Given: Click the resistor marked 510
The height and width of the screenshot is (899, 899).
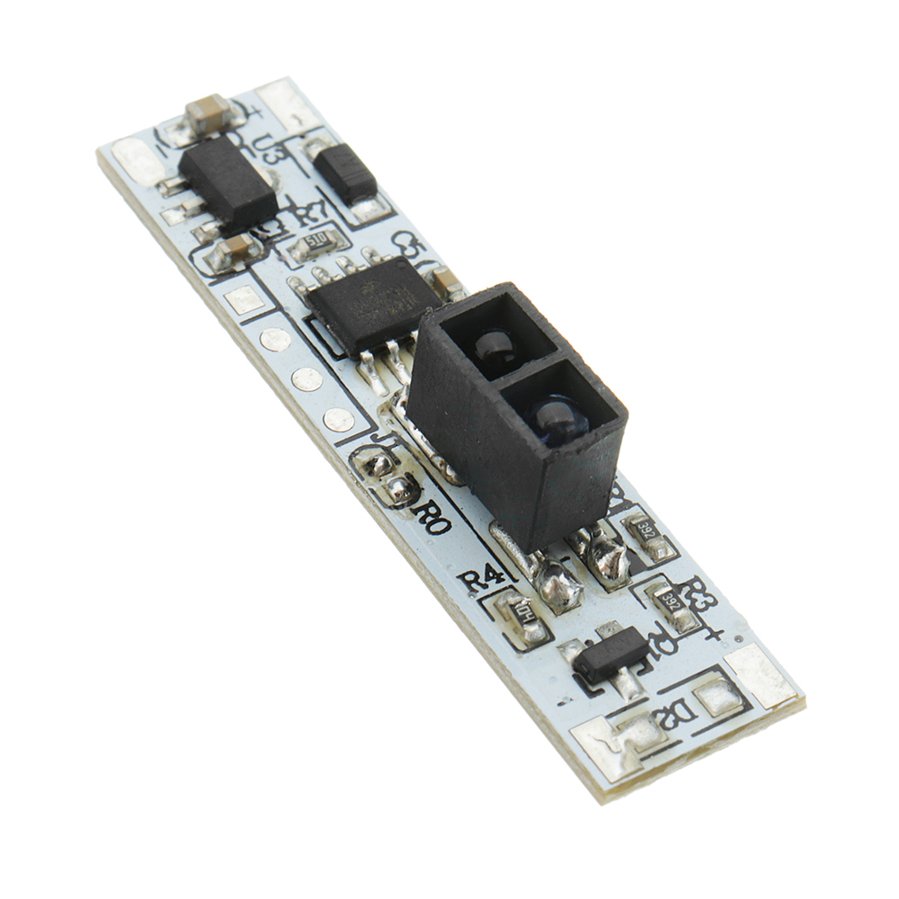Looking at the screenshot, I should [x=315, y=242].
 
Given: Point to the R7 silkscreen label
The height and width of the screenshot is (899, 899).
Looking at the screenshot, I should [x=309, y=213].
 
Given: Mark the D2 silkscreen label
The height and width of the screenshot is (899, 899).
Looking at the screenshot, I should [x=681, y=716].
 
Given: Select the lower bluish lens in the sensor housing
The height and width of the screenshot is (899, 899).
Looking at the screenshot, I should [x=550, y=416].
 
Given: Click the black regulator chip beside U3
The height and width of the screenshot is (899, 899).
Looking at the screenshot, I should [x=227, y=182].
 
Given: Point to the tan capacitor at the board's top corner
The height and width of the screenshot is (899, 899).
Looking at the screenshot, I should [x=209, y=112].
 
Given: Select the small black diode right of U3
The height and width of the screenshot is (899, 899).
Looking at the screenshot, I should [x=346, y=174].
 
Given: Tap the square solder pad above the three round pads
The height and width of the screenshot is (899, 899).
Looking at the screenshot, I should [x=244, y=299].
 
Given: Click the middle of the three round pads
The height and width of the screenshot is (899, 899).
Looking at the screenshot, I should [x=307, y=379].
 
